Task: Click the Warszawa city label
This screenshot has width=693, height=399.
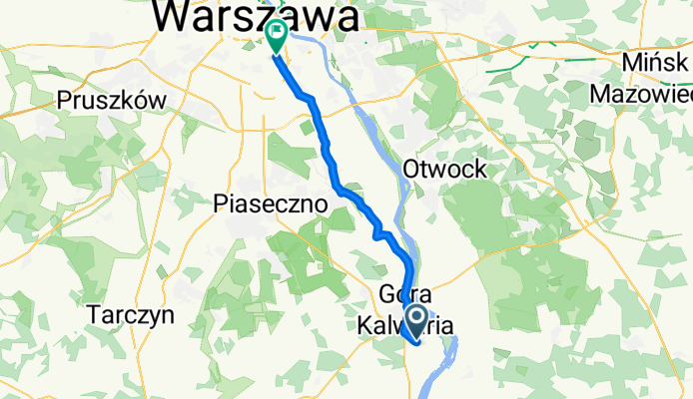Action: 258,17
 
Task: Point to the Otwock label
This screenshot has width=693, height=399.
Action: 444,170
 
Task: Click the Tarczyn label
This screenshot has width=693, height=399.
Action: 131,315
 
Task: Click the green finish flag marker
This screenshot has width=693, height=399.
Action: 275,35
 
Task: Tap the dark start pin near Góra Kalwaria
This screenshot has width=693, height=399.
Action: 418,319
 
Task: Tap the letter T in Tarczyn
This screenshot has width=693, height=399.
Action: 93,315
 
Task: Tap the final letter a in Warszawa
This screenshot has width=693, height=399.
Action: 346,17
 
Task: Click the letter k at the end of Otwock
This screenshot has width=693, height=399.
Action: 481,170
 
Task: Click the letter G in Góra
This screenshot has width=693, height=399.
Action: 388,295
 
